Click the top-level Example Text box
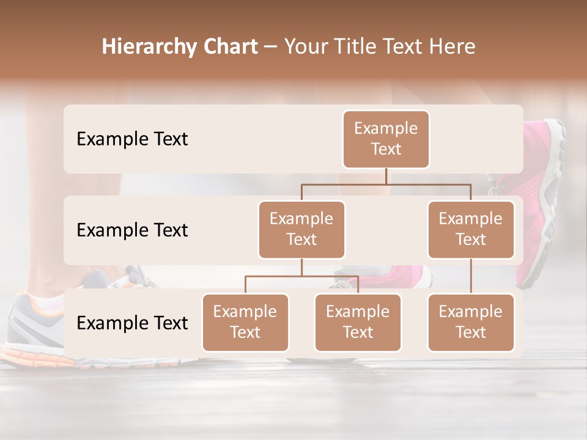click(386, 139)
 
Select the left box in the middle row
click(301, 230)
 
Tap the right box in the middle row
click(471, 230)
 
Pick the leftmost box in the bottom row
click(245, 323)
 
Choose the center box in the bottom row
click(358, 323)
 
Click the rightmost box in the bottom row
click(471, 323)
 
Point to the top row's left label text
click(132, 139)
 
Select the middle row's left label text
click(132, 230)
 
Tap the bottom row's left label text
click(132, 323)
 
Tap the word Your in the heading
click(305, 47)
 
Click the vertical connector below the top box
click(386, 176)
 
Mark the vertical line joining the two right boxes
click(471, 276)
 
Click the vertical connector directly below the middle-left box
click(301, 267)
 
